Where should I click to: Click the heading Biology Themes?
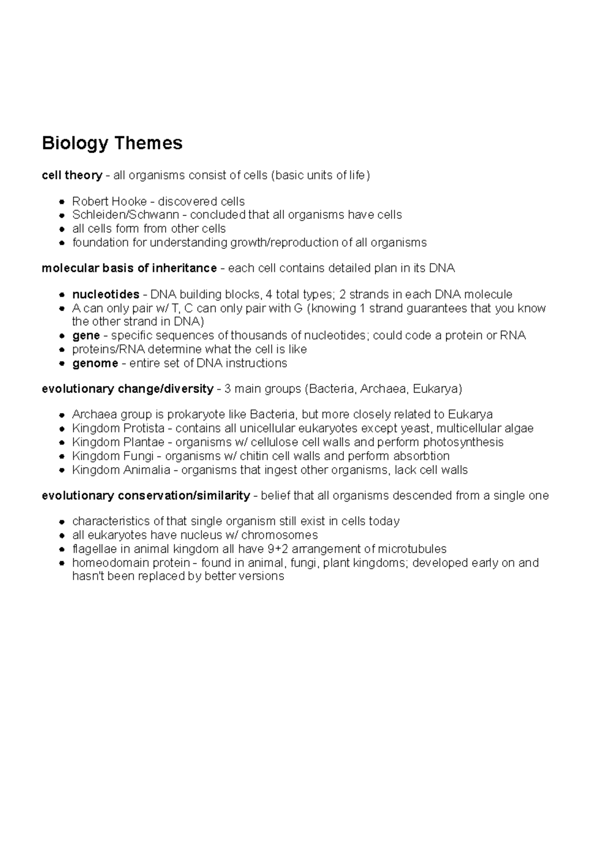tap(112, 144)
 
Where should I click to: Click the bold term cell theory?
tap(71, 175)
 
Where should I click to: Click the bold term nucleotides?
tap(106, 294)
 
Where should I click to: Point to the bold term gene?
tap(86, 335)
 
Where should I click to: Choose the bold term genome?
tap(95, 363)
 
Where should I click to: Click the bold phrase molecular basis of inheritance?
tap(129, 268)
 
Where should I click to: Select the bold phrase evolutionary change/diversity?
tap(127, 389)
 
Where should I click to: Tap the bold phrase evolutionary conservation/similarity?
tap(145, 495)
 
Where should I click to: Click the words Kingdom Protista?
tap(118, 429)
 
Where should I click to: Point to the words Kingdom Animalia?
tap(121, 470)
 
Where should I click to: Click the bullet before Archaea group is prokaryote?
tap(61, 415)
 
